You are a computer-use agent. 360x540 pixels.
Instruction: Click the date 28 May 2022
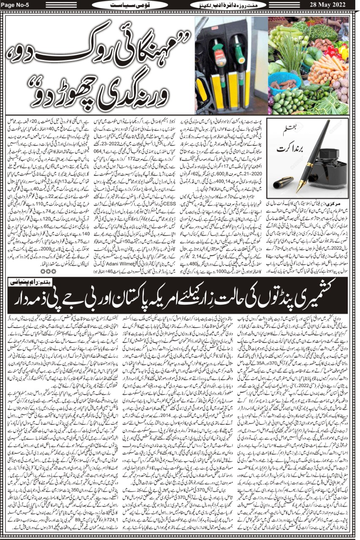coord(332,5)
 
